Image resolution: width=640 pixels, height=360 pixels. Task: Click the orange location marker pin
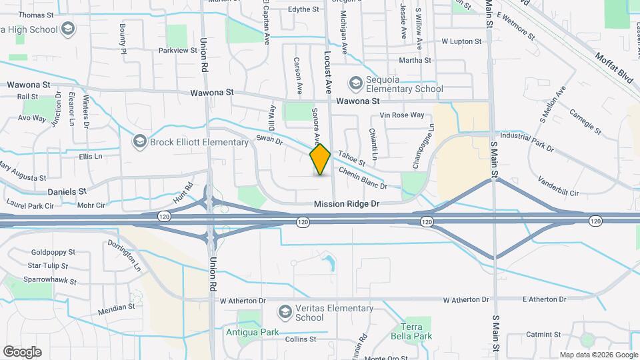(321, 159)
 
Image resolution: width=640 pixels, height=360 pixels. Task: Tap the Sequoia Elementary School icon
(355, 83)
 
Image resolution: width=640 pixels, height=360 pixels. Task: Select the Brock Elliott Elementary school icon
(140, 141)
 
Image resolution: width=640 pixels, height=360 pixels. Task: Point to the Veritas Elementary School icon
(285, 312)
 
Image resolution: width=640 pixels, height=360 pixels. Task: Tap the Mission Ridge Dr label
(347, 205)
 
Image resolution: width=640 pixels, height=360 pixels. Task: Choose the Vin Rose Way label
(402, 115)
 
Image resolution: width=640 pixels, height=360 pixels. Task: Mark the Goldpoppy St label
(53, 253)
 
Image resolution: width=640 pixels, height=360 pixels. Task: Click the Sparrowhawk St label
(52, 282)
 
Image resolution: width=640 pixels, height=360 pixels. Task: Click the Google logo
(23, 351)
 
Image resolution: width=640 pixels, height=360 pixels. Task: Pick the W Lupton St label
(461, 41)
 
